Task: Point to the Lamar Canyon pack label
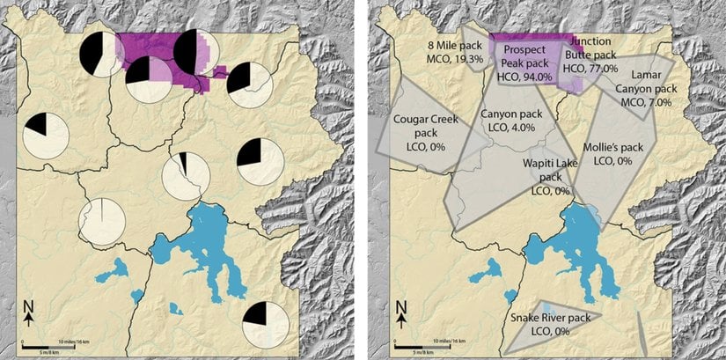(645, 89)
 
